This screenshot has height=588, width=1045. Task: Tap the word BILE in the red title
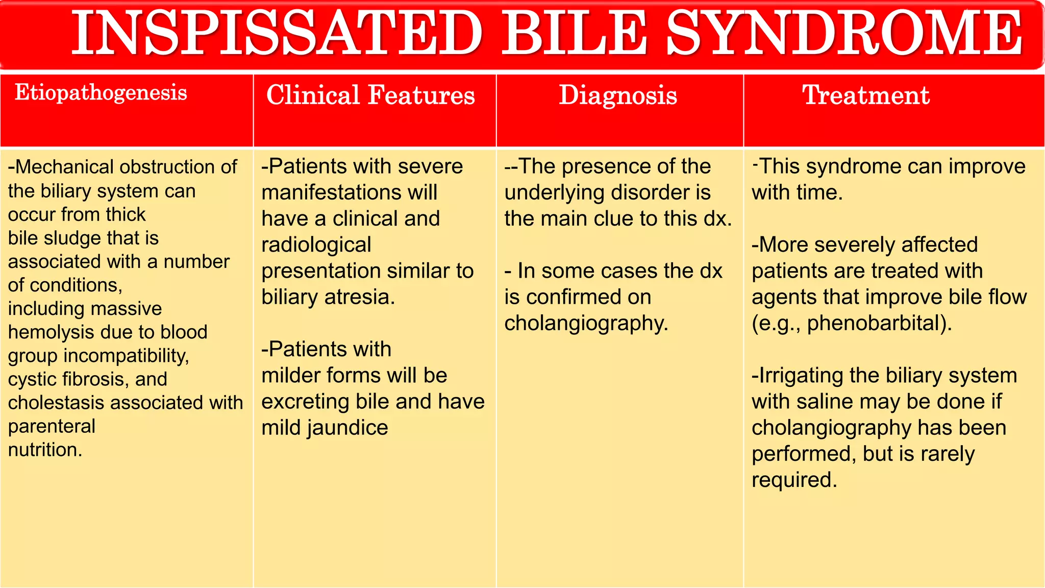(x=575, y=34)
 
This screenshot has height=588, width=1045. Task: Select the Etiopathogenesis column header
(x=101, y=93)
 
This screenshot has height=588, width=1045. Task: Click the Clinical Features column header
(x=370, y=95)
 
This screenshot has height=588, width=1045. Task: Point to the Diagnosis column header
(x=618, y=95)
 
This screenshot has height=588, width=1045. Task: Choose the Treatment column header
(x=866, y=95)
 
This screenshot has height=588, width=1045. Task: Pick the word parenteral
(x=52, y=426)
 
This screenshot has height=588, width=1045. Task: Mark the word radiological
(x=316, y=245)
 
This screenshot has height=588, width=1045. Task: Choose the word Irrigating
(x=801, y=376)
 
